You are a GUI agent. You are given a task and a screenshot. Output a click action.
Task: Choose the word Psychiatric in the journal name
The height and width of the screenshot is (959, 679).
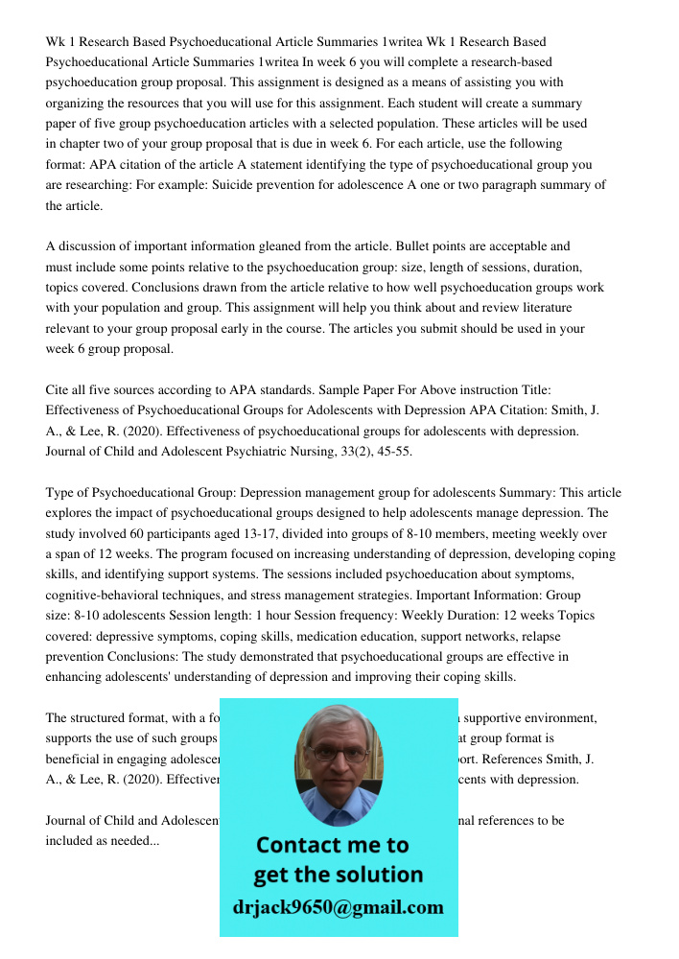[270, 452]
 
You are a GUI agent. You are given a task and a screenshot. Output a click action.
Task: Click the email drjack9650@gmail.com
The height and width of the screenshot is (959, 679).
[339, 907]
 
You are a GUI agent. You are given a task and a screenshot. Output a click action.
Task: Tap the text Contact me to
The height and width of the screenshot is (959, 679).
[332, 845]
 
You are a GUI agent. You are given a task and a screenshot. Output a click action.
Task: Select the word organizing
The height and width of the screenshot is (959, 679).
[78, 104]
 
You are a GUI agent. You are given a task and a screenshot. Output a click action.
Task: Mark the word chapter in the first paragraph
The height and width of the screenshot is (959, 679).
[79, 144]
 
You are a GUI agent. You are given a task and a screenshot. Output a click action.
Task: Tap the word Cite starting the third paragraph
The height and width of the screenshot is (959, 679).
[59, 390]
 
